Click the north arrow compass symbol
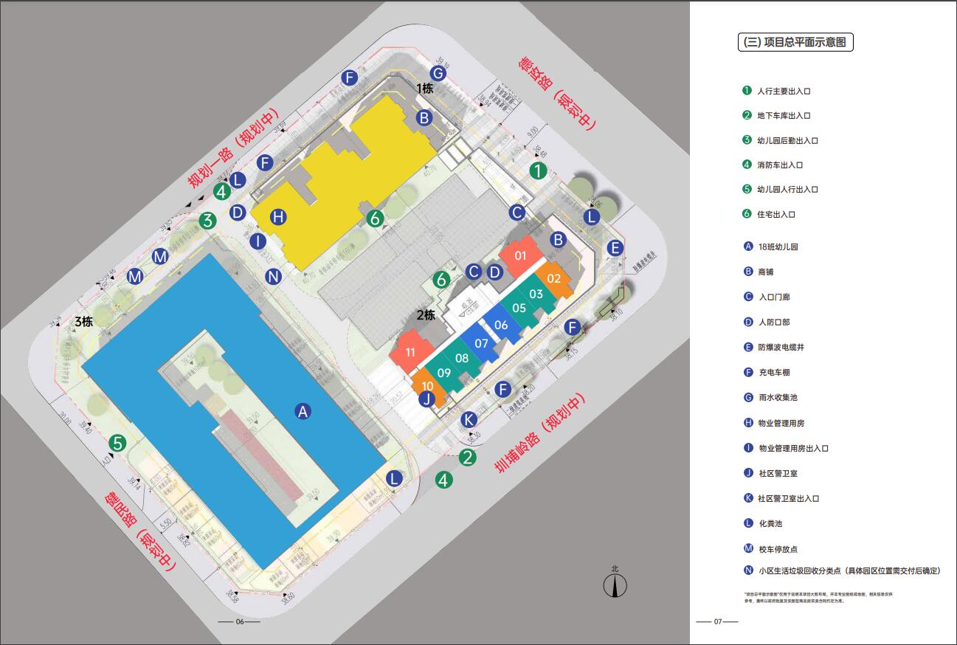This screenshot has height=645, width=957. tap(615, 585)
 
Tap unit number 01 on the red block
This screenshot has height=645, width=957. tap(520, 256)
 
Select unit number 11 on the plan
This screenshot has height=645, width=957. tap(410, 353)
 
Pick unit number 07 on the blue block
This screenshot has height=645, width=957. tap(481, 343)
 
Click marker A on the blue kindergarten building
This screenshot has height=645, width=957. tap(302, 412)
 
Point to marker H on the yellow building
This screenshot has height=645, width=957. tap(277, 217)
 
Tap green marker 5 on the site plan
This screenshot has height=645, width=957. tap(117, 444)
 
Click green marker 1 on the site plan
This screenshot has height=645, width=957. tap(539, 171)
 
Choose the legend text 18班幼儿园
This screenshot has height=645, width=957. tap(778, 247)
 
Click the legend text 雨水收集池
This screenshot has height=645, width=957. tap(778, 398)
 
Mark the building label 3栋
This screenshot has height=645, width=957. tap(83, 322)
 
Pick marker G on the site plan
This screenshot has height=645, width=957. tap(438, 73)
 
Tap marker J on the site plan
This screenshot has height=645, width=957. tap(426, 399)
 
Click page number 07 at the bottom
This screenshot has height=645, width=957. tap(717, 621)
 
